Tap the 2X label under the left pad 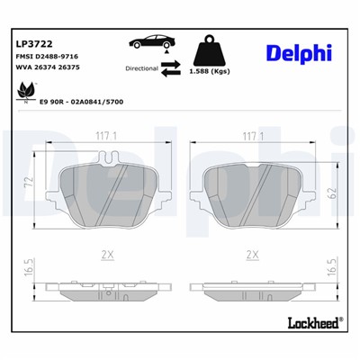(x=108, y=256)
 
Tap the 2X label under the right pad (x=252, y=256)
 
